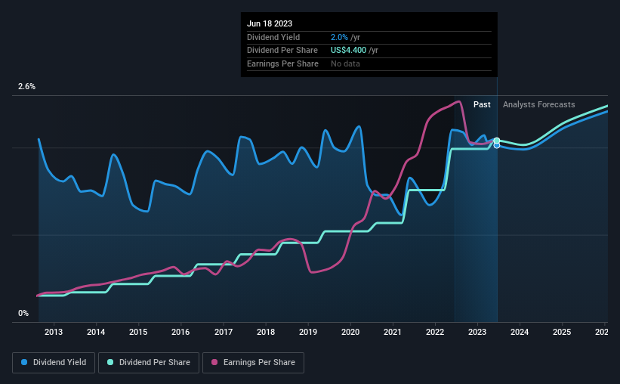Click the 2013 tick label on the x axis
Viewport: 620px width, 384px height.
(54, 332)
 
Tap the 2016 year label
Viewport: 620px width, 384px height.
(180, 332)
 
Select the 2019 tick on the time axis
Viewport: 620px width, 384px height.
(307, 332)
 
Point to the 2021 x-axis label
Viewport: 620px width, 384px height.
(392, 332)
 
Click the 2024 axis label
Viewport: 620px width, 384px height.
(519, 332)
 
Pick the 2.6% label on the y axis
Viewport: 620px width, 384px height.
(26, 86)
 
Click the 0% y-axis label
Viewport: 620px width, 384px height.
(23, 313)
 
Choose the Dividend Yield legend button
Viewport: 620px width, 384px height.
(54, 363)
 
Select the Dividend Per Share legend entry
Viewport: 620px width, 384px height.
(149, 363)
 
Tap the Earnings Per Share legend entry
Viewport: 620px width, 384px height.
(253, 363)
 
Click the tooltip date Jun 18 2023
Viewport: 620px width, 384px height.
(270, 23)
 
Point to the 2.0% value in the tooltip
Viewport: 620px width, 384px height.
(339, 37)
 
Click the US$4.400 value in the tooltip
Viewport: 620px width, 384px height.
(348, 51)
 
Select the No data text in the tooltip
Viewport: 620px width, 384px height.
(345, 63)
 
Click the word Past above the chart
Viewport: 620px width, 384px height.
(482, 104)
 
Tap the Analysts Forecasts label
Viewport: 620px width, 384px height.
(539, 104)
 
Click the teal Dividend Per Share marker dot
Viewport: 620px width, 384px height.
(497, 141)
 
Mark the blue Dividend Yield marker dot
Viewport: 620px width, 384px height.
(497, 146)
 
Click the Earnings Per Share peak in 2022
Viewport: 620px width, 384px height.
(458, 102)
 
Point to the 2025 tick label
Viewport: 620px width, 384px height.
(562, 332)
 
